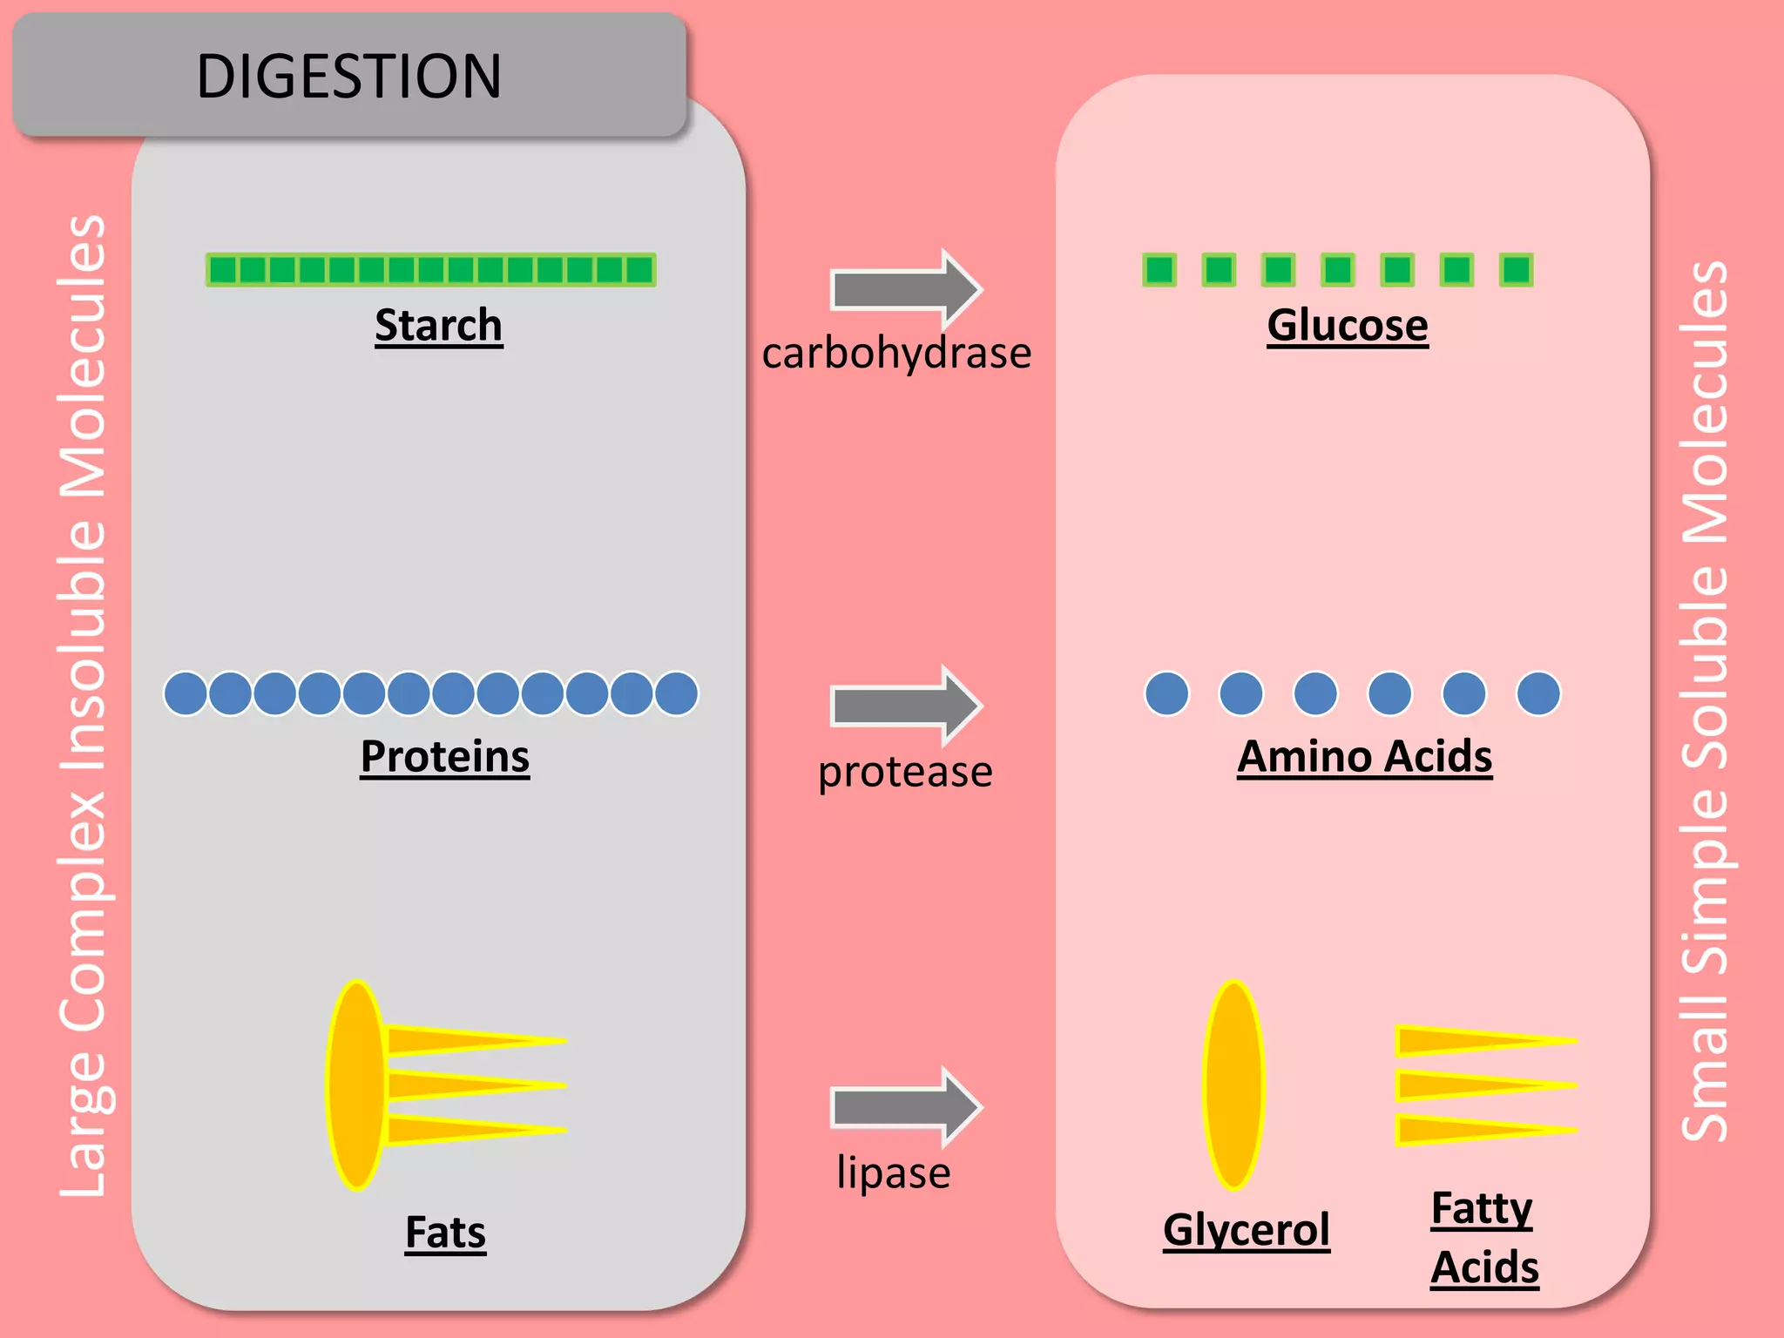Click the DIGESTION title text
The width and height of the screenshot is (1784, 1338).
(x=348, y=77)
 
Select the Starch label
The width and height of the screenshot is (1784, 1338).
(x=438, y=326)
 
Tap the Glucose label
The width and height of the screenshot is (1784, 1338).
(x=1347, y=326)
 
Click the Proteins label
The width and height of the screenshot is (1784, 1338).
(x=444, y=756)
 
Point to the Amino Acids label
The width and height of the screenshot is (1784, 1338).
(x=1364, y=756)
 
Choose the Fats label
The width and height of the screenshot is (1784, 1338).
(x=445, y=1233)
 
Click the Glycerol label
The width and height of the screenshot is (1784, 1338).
(x=1246, y=1230)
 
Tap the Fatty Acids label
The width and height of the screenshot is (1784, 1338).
(x=1483, y=1237)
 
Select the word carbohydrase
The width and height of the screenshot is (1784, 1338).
(x=896, y=354)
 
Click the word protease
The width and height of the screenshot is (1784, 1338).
(x=905, y=772)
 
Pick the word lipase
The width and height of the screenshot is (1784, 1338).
(x=893, y=1172)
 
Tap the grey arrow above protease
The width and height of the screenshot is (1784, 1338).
(x=906, y=706)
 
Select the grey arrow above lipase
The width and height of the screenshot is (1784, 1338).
(x=906, y=1107)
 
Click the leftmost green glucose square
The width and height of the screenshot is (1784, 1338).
(x=1159, y=270)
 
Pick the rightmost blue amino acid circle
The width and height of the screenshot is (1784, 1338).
(x=1538, y=694)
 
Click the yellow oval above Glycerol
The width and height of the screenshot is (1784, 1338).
(x=1233, y=1085)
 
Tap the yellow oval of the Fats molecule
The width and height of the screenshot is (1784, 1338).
(x=356, y=1085)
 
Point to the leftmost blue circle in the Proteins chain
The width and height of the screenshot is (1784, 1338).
(x=186, y=694)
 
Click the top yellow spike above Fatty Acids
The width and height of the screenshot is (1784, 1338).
(x=1472, y=1041)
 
